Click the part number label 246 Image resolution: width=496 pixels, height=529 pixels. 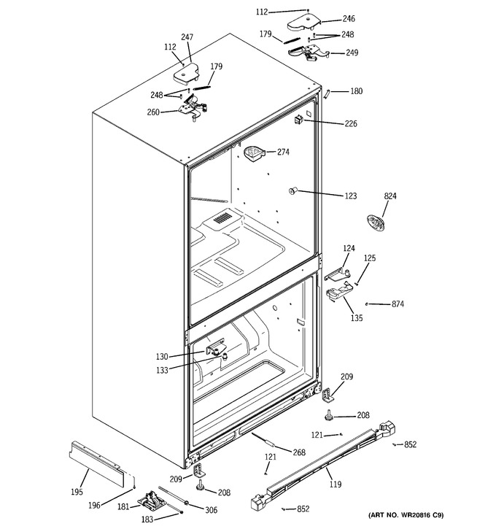pyautogui.click(x=349, y=18)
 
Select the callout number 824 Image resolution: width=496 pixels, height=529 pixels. pyautogui.click(x=390, y=196)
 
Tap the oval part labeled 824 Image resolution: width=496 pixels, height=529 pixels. pyautogui.click(x=375, y=223)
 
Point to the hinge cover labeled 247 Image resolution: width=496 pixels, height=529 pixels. pyautogui.click(x=186, y=73)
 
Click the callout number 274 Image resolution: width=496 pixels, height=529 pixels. pyautogui.click(x=283, y=152)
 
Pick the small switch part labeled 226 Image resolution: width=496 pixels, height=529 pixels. pyautogui.click(x=298, y=119)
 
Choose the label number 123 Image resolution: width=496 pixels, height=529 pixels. pyautogui.click(x=350, y=196)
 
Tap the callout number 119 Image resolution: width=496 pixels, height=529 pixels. pyautogui.click(x=335, y=484)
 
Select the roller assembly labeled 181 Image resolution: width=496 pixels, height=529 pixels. pyautogui.click(x=152, y=502)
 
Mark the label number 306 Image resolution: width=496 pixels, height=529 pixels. pyautogui.click(x=211, y=510)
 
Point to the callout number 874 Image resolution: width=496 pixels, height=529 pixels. pyautogui.click(x=398, y=304)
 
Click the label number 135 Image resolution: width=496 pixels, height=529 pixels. pyautogui.click(x=357, y=318)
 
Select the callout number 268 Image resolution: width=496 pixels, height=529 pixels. pyautogui.click(x=299, y=452)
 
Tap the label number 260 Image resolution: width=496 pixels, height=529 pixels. pyautogui.click(x=153, y=112)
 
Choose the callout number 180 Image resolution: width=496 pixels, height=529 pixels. pyautogui.click(x=357, y=91)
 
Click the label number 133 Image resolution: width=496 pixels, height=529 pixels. pyautogui.click(x=162, y=371)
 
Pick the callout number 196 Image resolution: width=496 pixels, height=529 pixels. pyautogui.click(x=94, y=505)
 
